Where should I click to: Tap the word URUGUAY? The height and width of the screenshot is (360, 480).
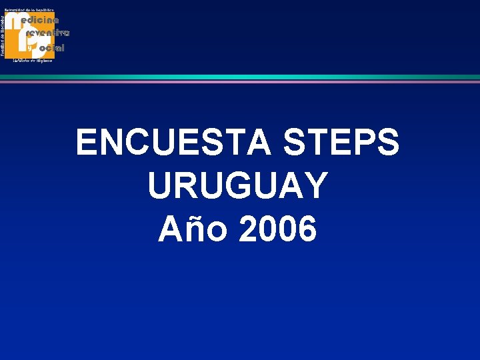[238, 186]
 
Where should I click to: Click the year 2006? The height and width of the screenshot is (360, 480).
[277, 230]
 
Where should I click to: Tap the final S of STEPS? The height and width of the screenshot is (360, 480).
[388, 142]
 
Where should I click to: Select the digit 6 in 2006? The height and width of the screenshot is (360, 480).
[306, 230]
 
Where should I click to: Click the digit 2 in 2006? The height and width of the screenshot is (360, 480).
[248, 230]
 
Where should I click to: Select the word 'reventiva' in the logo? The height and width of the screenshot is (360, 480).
[47, 33]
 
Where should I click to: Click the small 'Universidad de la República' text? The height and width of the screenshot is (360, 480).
[29, 10]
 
